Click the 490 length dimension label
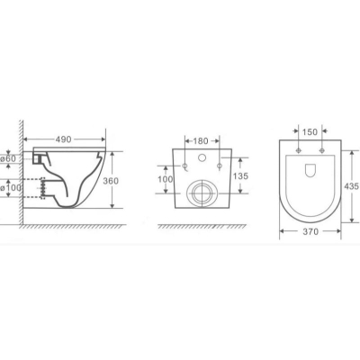(63, 139)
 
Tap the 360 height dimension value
(111, 181)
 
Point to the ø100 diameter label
(11, 188)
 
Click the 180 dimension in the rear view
(201, 141)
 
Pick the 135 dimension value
(240, 176)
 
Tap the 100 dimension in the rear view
(166, 179)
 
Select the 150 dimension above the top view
(310, 132)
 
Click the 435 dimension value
(352, 186)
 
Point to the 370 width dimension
(310, 231)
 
